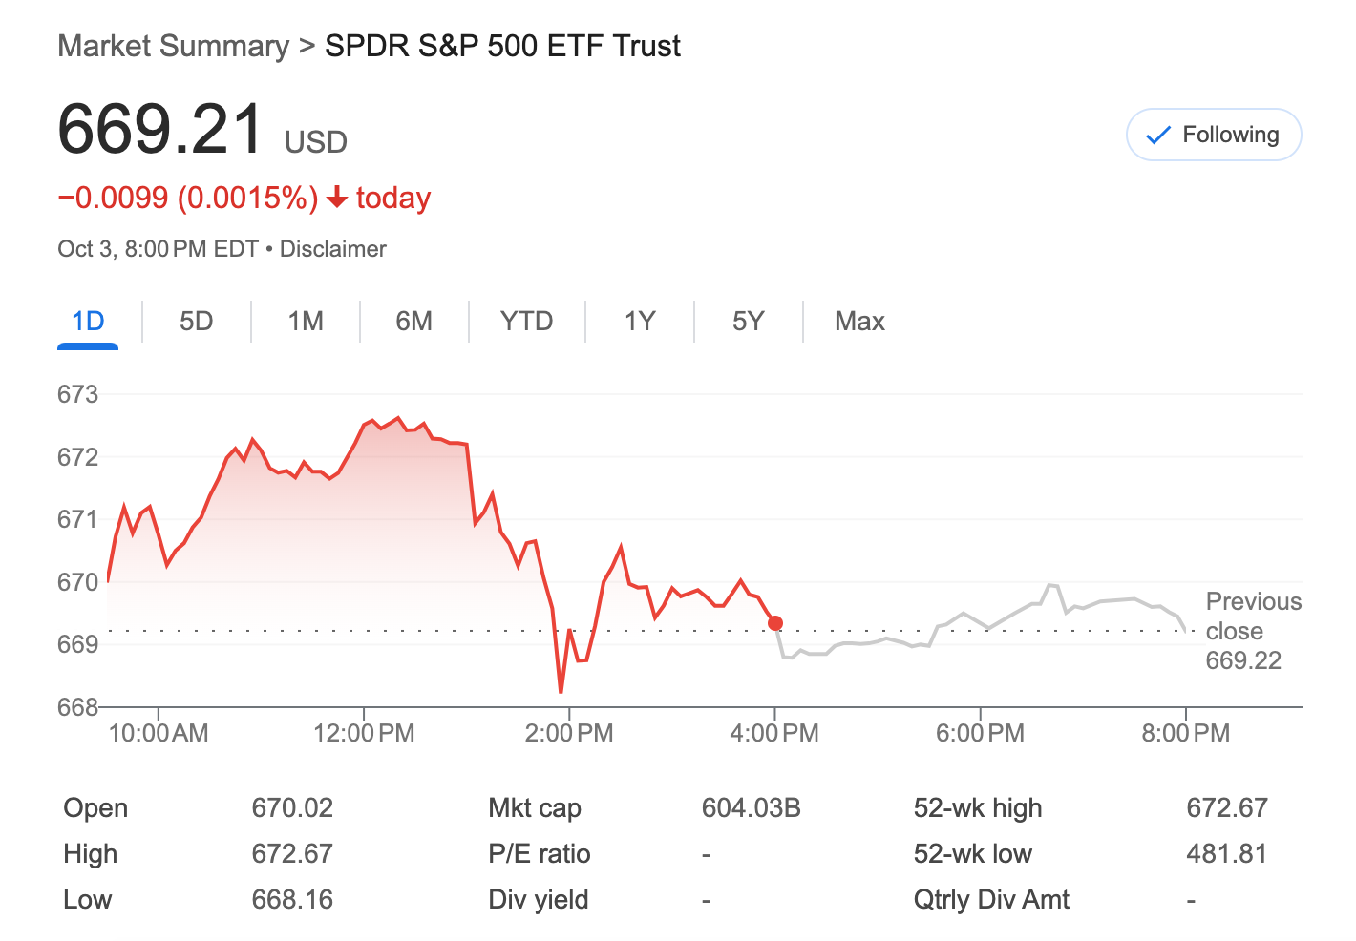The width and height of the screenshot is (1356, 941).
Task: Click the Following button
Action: point(1214,135)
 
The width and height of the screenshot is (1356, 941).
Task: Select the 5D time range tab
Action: point(196,321)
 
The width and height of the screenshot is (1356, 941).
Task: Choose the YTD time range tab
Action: point(526,321)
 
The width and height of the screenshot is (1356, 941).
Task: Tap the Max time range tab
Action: point(859,321)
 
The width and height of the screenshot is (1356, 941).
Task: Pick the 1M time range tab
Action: point(306,321)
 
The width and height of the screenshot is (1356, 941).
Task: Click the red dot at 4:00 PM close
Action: point(775,623)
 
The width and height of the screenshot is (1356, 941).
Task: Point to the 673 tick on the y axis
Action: point(77,394)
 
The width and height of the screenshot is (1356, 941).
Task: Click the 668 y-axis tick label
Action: point(77,707)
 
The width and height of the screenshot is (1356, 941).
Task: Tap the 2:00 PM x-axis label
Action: point(569,733)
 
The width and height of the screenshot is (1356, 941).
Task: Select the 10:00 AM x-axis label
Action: point(159,733)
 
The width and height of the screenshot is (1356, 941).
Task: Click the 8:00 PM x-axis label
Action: point(1185,733)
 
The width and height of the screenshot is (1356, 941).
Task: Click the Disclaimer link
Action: point(332,249)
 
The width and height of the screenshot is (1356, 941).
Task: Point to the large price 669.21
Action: point(160,129)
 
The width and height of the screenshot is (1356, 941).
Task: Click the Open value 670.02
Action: point(292,808)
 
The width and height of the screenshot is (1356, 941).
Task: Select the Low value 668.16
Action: point(292,900)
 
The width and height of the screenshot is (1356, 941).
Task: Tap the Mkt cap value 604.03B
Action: point(751,808)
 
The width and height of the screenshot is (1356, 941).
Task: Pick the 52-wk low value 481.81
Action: point(1226,854)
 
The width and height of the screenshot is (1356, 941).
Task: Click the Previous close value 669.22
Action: point(1243,660)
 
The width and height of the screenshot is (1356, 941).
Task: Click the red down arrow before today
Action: point(336,198)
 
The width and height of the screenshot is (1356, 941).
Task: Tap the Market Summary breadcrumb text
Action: point(173,46)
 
